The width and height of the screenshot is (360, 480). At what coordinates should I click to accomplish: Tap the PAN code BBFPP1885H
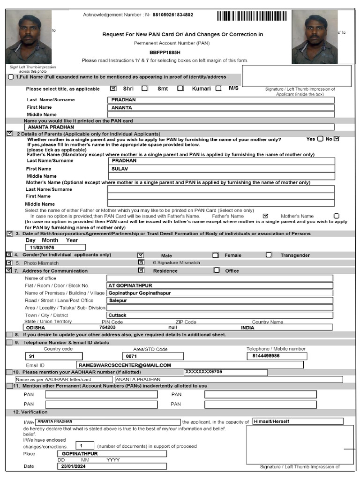coord(165,52)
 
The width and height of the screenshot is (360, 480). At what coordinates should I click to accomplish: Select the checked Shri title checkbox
coord(113,88)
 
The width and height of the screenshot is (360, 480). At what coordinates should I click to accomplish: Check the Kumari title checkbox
coord(180,88)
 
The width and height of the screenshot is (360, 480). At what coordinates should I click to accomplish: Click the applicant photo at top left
coord(29,37)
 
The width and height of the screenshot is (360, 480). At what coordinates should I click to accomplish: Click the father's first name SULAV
coord(120,168)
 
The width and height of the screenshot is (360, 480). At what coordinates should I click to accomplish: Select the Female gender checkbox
coord(216,255)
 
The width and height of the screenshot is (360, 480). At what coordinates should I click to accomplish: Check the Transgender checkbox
coord(269,255)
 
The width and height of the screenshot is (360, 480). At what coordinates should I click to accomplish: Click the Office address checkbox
coord(217,270)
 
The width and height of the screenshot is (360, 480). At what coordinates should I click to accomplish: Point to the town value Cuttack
coord(118,315)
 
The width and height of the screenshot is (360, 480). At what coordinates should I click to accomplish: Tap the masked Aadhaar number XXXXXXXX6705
coord(203,372)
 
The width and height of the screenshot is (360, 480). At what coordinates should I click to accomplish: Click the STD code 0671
coord(132,356)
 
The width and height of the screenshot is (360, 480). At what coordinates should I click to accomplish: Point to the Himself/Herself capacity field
coord(271,421)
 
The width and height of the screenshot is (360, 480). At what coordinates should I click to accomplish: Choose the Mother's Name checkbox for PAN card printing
coord(336,216)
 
